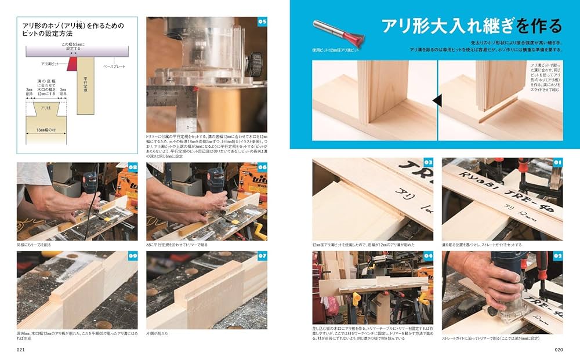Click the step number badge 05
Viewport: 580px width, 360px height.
pyautogui.click(x=262, y=22)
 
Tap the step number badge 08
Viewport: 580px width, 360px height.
pyautogui.click(x=132, y=168)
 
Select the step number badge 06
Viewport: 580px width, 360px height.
pyautogui.click(x=262, y=168)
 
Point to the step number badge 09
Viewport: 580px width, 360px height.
pyautogui.click(x=132, y=256)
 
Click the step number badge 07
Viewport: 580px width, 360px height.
pyautogui.click(x=262, y=256)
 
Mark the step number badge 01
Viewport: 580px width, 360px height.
pyautogui.click(x=558, y=163)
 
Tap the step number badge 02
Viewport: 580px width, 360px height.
pyautogui.click(x=558, y=256)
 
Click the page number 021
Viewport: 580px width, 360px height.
pyautogui.click(x=21, y=350)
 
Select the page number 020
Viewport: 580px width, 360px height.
pyautogui.click(x=559, y=350)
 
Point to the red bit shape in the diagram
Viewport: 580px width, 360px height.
pyautogui.click(x=72, y=64)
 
